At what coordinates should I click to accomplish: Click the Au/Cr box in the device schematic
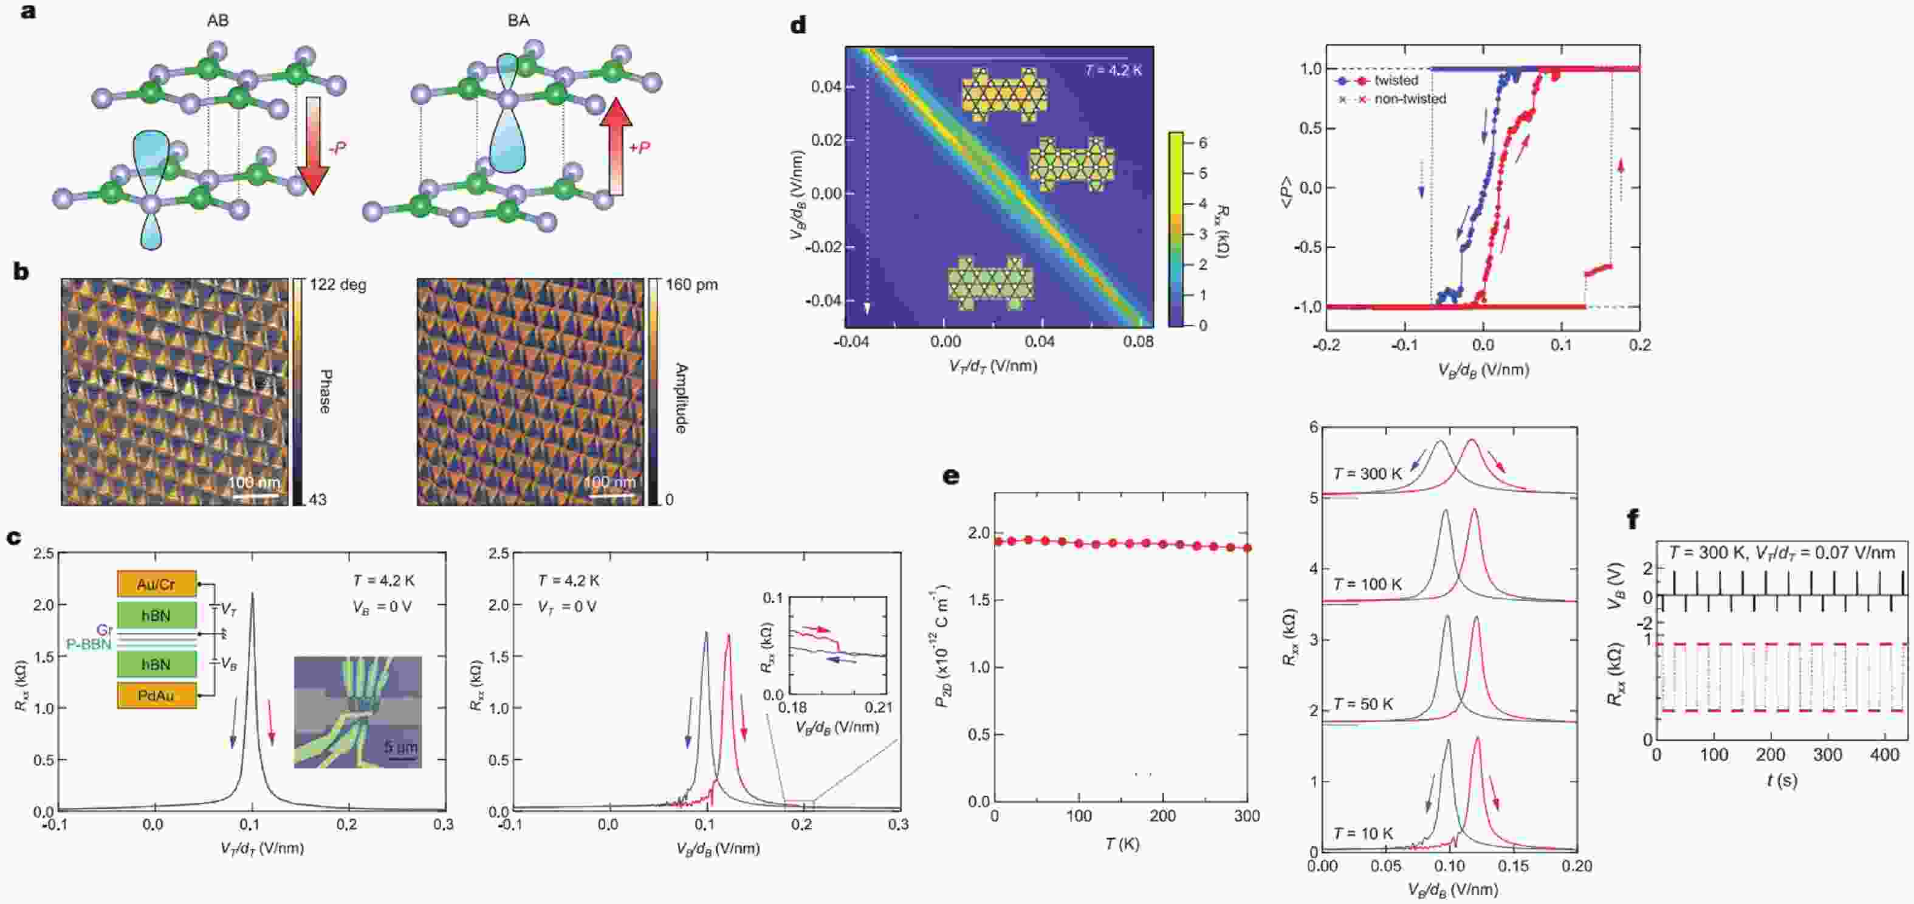156,584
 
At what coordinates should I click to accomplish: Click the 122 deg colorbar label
337,285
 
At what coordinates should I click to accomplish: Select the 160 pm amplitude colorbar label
691,285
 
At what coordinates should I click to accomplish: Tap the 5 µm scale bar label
400,747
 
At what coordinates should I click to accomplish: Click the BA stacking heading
518,21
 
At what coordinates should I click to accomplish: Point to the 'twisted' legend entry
1395,80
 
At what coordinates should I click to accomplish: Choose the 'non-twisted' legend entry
1410,99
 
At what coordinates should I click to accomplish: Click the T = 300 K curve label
1367,474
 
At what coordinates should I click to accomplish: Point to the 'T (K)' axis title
1121,844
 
